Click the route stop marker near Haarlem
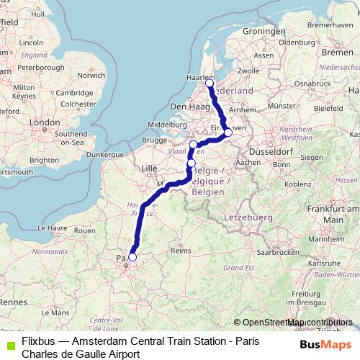(x=210, y=84)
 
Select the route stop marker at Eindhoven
(x=228, y=132)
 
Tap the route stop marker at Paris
(x=132, y=257)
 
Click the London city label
(x=46, y=123)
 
